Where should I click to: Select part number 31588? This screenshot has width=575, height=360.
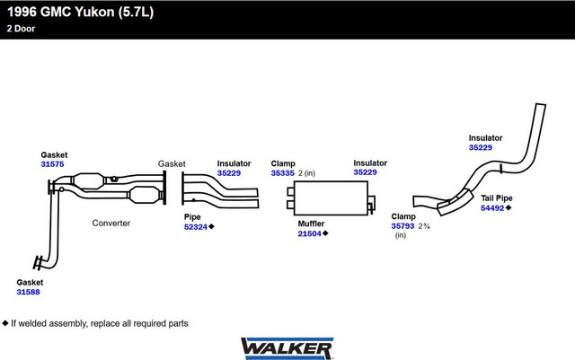pyautogui.click(x=29, y=292)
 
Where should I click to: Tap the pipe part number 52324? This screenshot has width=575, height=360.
pyautogui.click(x=195, y=226)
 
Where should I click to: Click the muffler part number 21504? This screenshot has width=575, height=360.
pyautogui.click(x=310, y=233)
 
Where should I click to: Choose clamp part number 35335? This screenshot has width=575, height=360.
pyautogui.click(x=282, y=172)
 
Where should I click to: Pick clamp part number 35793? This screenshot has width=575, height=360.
pyautogui.click(x=403, y=226)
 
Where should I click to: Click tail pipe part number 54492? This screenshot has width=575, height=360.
pyautogui.click(x=492, y=207)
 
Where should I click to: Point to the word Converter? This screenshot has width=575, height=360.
pyautogui.click(x=111, y=223)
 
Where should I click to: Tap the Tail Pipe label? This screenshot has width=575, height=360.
pyautogui.click(x=498, y=197)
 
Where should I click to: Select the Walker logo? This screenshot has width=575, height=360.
pyautogui.click(x=287, y=346)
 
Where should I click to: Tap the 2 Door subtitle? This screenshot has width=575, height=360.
pyautogui.click(x=22, y=28)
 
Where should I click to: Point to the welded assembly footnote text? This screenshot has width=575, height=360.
pyautogui.click(x=99, y=322)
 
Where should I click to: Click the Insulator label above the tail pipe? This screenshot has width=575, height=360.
pyautogui.click(x=485, y=137)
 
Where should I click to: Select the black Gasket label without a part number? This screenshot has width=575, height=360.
pyautogui.click(x=172, y=163)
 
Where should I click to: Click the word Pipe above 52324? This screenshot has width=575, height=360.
pyautogui.click(x=192, y=216)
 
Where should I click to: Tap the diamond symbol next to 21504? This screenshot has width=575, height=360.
pyautogui.click(x=325, y=233)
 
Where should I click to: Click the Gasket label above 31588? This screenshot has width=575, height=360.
pyautogui.click(x=30, y=282)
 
